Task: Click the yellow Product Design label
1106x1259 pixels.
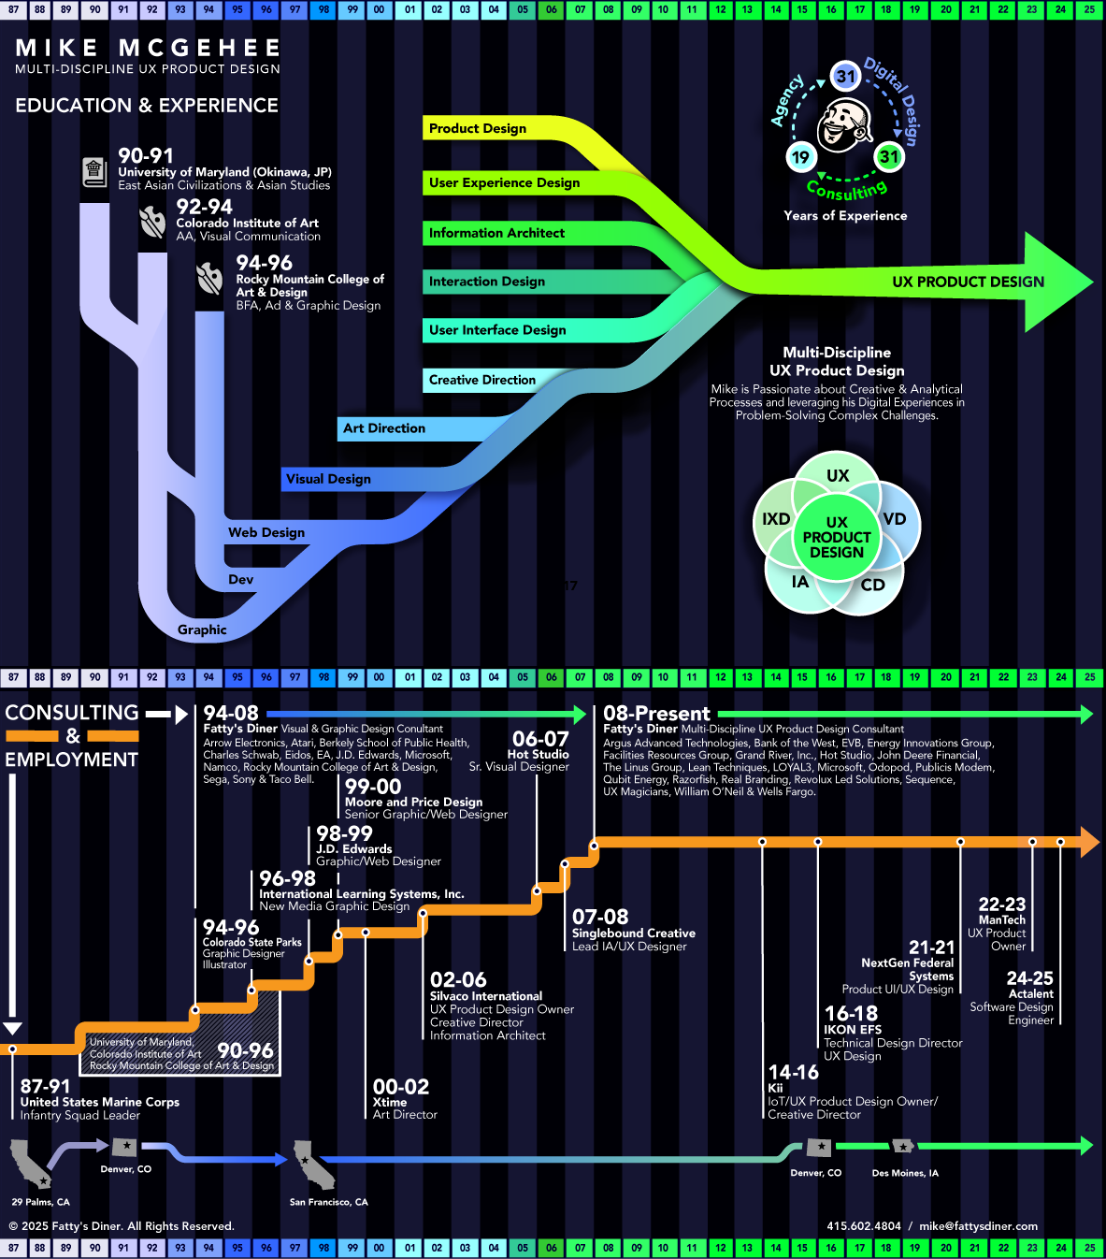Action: click(x=478, y=128)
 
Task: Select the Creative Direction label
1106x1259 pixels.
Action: click(x=482, y=380)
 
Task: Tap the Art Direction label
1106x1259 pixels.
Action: click(x=384, y=428)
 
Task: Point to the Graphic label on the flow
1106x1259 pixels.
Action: click(x=202, y=629)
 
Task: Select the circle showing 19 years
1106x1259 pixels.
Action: click(x=800, y=157)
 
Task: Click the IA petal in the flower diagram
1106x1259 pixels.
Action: click(x=799, y=583)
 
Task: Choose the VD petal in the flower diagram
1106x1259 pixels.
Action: click(x=894, y=519)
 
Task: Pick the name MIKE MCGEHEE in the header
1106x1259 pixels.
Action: click(x=148, y=48)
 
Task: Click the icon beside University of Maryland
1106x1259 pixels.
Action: click(x=93, y=171)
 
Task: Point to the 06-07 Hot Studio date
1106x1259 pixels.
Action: click(x=540, y=739)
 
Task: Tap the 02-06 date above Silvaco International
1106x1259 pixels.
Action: click(x=458, y=979)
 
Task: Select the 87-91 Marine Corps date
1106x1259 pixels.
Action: click(x=45, y=1086)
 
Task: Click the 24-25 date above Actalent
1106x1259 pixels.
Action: click(x=1029, y=978)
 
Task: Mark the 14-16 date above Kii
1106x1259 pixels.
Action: click(x=793, y=1072)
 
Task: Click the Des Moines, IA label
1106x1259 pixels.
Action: click(x=905, y=1173)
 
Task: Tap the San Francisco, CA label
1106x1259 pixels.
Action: click(x=328, y=1202)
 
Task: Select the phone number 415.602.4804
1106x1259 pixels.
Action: click(x=864, y=1226)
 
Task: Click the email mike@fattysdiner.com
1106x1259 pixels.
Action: click(x=978, y=1226)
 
